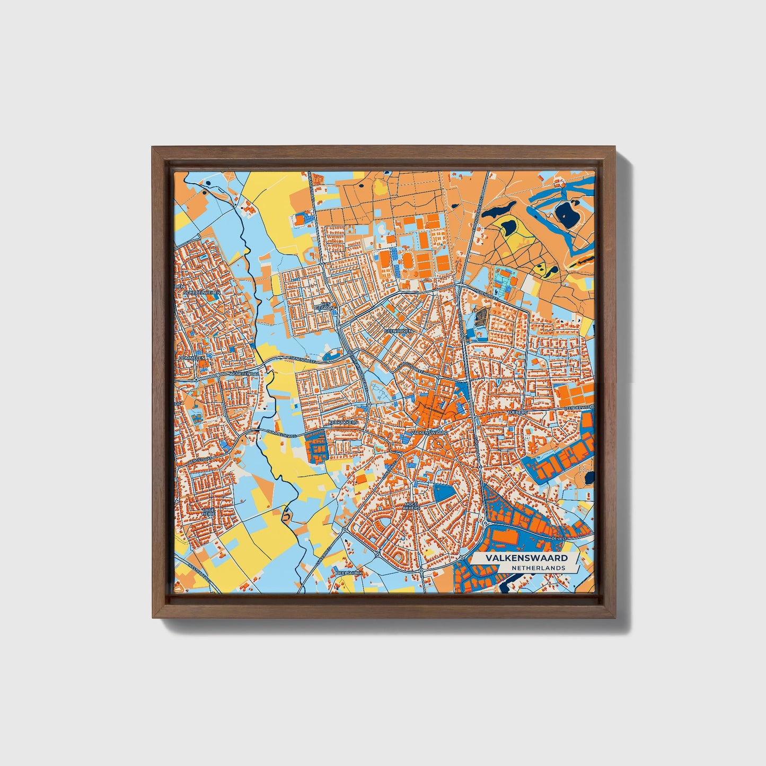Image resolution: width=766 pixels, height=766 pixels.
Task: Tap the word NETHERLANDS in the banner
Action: [538, 568]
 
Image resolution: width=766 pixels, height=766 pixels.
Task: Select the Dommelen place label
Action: [192, 358]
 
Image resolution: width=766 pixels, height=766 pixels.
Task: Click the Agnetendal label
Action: [244, 373]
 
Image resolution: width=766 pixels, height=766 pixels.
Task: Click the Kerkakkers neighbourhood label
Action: [343, 422]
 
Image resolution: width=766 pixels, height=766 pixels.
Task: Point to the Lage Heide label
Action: [208, 512]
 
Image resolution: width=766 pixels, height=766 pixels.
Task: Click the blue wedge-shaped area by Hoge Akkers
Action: [444, 493]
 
